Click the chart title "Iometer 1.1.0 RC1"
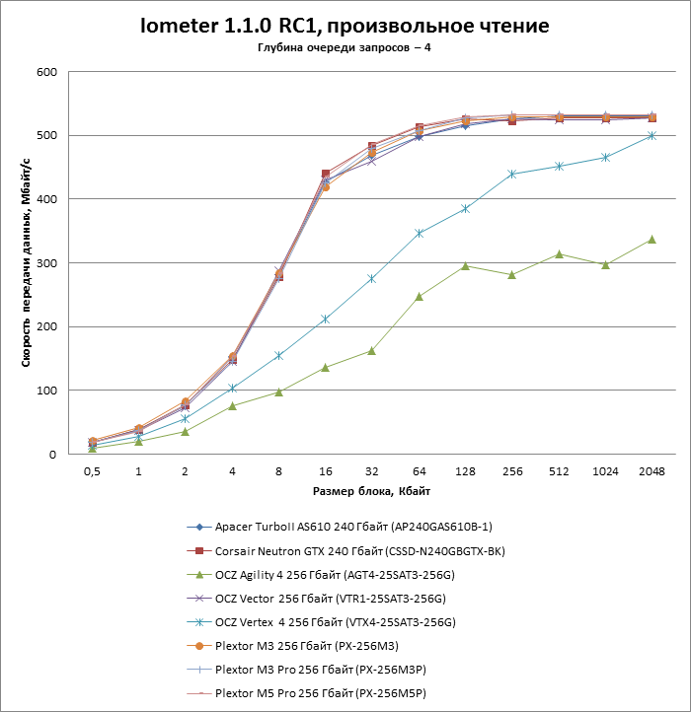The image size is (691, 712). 345,26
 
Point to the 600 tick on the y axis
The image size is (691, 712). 45,72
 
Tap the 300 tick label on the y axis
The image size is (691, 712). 45,263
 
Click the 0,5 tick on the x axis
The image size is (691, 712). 92,472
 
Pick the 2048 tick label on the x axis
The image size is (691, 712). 652,472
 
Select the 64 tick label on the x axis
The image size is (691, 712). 419,472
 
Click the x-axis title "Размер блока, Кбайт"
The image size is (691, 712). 371,490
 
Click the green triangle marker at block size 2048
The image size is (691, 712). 652,240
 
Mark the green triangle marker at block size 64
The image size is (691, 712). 419,296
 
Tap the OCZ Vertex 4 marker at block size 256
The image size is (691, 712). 511,174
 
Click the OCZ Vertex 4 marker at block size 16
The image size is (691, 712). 325,320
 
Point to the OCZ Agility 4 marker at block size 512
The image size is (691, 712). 559,254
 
